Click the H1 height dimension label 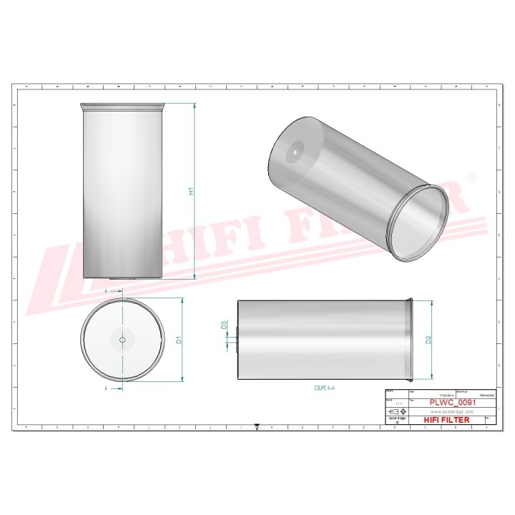(x=191, y=191)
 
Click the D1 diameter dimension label (x=180, y=340)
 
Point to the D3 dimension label (x=225, y=325)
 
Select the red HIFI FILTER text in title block (x=447, y=420)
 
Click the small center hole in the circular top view (x=122, y=340)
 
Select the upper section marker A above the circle (x=106, y=292)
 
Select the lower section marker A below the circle (x=106, y=388)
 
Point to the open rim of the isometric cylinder (x=422, y=222)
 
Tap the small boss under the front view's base (x=122, y=280)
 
